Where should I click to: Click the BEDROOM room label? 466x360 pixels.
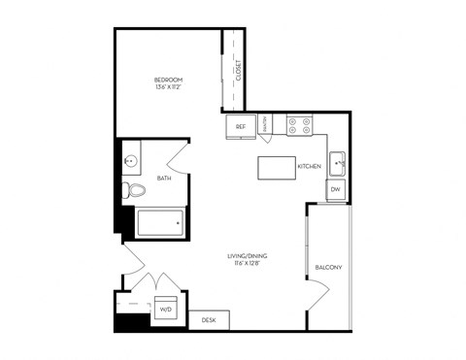tap(168, 79)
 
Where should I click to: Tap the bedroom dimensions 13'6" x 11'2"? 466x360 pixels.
tap(168, 86)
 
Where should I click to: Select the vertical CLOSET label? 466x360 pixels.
tap(238, 71)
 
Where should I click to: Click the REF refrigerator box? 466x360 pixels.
tap(240, 126)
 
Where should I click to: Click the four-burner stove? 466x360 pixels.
tap(299, 125)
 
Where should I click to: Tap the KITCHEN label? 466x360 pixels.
tap(309, 167)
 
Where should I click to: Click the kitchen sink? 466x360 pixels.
tap(337, 161)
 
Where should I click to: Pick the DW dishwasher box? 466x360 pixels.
tap(336, 189)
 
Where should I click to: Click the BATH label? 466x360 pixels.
tap(164, 179)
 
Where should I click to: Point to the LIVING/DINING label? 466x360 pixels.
tap(250, 256)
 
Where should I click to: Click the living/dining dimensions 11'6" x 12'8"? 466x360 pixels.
tap(250, 264)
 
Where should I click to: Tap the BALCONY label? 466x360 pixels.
tap(328, 268)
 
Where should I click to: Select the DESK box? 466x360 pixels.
tap(209, 319)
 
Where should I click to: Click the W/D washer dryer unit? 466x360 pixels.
tap(164, 310)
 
